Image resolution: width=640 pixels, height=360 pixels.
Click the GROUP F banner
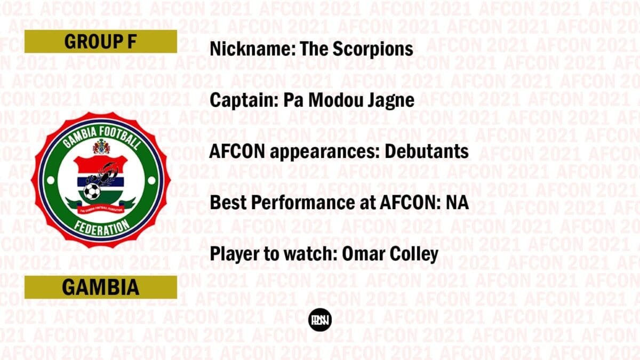click(101, 42)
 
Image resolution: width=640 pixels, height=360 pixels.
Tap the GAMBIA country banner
click(101, 287)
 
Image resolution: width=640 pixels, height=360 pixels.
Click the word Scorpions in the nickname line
click(373, 50)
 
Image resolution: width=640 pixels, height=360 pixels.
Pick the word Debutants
click(427, 151)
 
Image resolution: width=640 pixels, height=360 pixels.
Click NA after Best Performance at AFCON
click(458, 203)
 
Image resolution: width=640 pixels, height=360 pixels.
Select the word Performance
click(313, 203)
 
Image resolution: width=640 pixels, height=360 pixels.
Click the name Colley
click(414, 254)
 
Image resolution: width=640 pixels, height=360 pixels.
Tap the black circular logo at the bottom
click(320, 319)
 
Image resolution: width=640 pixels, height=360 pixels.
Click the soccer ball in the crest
click(92, 191)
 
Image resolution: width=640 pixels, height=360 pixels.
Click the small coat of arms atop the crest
click(101, 146)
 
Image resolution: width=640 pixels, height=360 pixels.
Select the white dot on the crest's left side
click(51, 181)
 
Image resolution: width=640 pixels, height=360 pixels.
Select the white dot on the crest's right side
click(151, 181)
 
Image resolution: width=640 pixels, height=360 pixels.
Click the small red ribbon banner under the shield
click(101, 210)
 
